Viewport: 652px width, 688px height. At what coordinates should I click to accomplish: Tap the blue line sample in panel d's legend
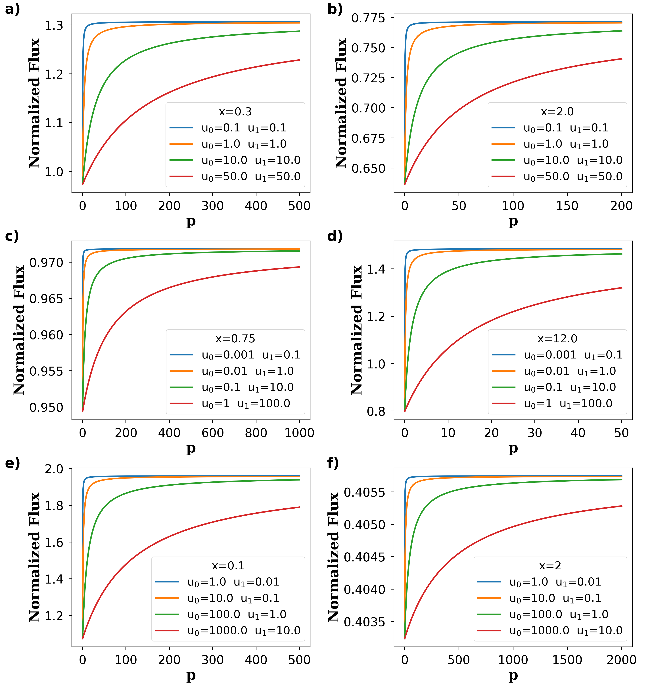click(x=503, y=355)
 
